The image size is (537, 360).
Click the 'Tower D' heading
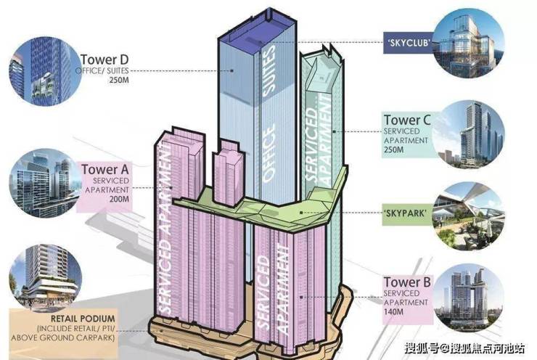[104, 60]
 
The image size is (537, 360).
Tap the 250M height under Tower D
[119, 81]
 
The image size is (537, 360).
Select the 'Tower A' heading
[104, 170]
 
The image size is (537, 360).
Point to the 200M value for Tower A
[119, 199]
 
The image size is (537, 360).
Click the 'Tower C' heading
[407, 120]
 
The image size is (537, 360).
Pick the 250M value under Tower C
[393, 150]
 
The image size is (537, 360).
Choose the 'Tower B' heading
[407, 282]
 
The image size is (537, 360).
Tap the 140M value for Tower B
[393, 311]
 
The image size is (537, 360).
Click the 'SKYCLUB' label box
[408, 43]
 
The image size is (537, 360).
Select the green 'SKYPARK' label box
[407, 213]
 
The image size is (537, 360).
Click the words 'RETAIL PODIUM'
[83, 319]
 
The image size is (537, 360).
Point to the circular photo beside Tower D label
[46, 71]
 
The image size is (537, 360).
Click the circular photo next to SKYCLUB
[469, 43]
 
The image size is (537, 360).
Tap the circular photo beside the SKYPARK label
[469, 216]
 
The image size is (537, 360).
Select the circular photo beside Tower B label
[469, 298]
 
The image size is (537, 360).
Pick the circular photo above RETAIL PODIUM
[46, 277]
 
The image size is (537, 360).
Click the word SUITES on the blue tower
[268, 70]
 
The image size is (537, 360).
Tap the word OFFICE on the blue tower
[268, 152]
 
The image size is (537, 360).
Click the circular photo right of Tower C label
[469, 134]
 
